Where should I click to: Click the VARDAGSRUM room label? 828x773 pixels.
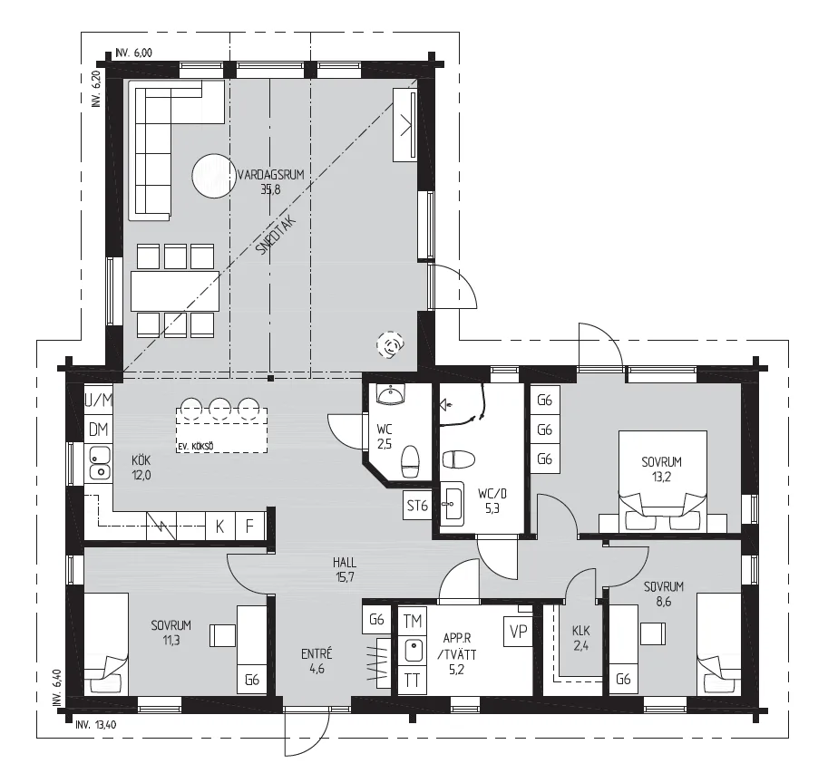point(271,175)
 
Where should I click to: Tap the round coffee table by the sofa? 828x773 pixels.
point(214,176)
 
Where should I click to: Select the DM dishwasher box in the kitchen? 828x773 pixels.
point(98,430)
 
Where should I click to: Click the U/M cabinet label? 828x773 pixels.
point(99,401)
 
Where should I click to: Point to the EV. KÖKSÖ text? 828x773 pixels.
point(195,447)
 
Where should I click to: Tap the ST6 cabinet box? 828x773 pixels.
point(417,506)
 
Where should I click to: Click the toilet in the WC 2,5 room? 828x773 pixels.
point(410,461)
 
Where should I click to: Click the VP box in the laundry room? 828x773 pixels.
point(519,631)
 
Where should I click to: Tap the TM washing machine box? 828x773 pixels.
point(412,622)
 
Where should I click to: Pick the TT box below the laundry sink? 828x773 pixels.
point(412,681)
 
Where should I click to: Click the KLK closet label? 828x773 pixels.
point(580,631)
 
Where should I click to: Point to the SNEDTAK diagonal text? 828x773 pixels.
point(276,236)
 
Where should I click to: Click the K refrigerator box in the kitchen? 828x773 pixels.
point(219,526)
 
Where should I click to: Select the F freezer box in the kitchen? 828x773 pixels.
point(249,526)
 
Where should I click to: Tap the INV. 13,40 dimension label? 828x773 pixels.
point(95,724)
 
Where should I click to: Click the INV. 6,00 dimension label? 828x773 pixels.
point(133,53)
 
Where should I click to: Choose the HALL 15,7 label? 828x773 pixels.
point(345,570)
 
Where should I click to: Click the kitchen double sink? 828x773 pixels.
point(99,463)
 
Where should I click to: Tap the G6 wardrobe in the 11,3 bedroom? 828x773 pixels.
point(252,680)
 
